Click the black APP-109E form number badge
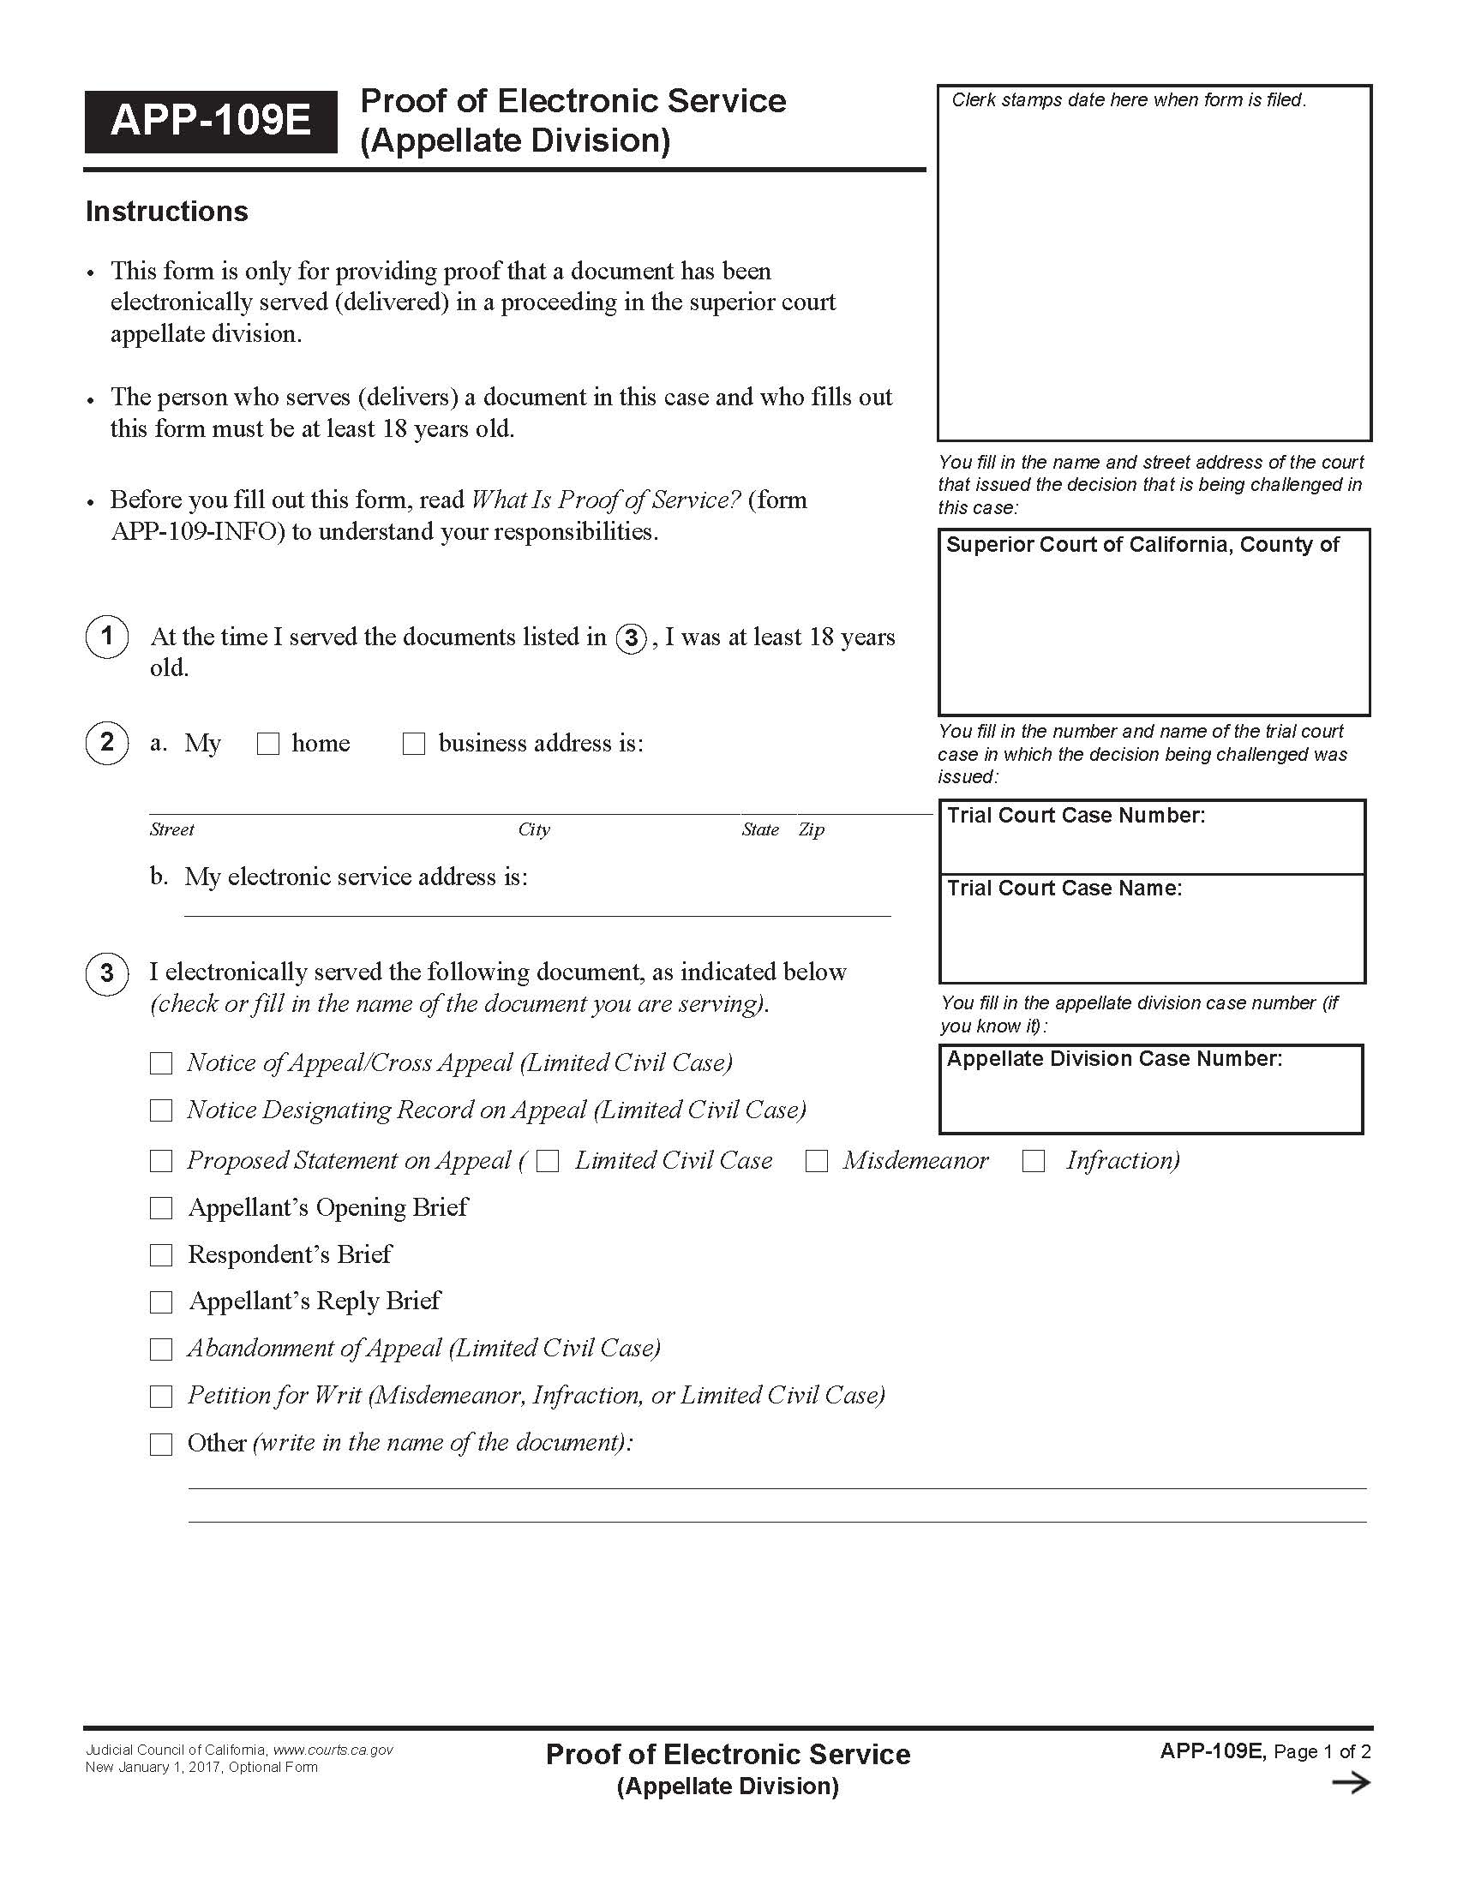pos(211,121)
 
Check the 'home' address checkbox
pos(268,744)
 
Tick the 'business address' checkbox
pos(414,744)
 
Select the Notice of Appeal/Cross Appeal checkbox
pos(161,1063)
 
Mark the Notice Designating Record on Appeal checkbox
pos(161,1110)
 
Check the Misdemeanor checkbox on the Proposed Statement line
pos(817,1162)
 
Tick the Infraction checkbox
pos(1034,1162)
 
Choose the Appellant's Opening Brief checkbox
pos(161,1208)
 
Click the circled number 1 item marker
pos(107,637)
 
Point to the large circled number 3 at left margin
pos(107,973)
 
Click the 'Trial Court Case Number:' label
pos(1076,816)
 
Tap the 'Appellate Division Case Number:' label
pos(1114,1059)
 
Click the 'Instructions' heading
pos(166,212)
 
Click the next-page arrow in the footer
pos(1351,1783)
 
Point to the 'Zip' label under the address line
pos(812,830)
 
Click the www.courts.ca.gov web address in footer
pos(333,1750)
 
